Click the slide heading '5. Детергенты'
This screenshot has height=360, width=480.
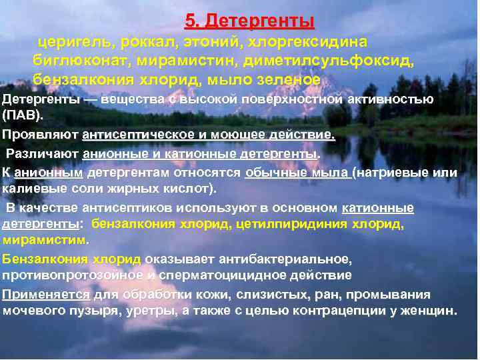pos(249,22)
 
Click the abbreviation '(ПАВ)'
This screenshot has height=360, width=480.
pos(23,115)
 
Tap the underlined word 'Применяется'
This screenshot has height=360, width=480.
pos(46,295)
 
